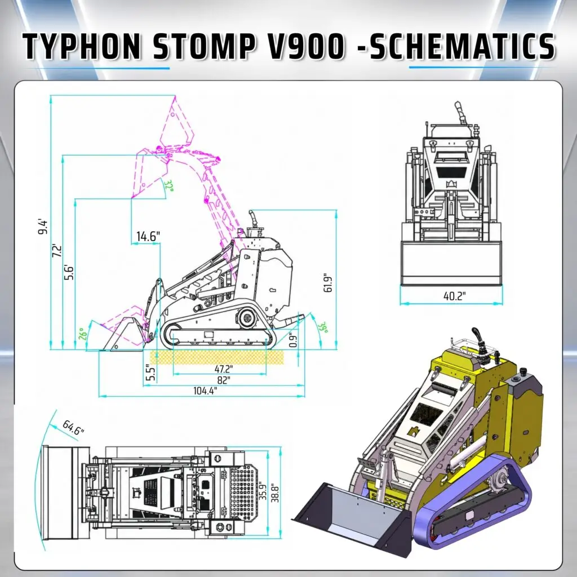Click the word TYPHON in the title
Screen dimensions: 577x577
tap(82, 47)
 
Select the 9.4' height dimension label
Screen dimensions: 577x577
tap(43, 227)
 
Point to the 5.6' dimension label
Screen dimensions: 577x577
tap(69, 272)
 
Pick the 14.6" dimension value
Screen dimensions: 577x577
tap(148, 236)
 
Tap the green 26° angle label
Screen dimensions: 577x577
tap(83, 334)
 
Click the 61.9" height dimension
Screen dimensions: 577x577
tap(328, 283)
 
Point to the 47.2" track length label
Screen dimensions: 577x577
tap(224, 369)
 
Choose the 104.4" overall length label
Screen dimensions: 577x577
tap(205, 390)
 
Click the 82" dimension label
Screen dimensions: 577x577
tap(223, 380)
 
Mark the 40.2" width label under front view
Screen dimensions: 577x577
tap(455, 296)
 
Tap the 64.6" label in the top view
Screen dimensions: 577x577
tap(73, 427)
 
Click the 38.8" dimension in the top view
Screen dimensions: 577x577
tap(275, 494)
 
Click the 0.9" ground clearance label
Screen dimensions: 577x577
tap(293, 340)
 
